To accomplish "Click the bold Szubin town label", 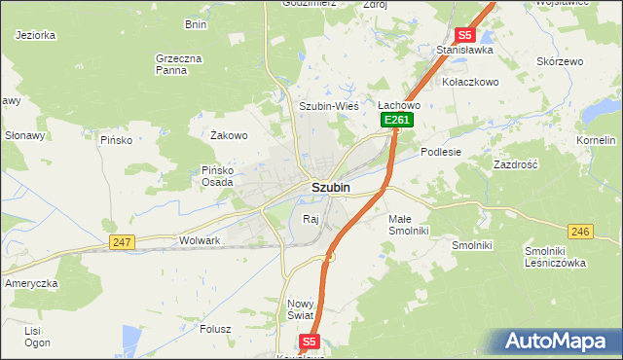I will coord(331,187).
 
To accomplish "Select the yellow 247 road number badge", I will coord(122,242).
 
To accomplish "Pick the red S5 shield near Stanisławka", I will coord(465,34).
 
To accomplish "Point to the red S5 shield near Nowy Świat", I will coord(310,342).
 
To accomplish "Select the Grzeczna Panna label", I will coord(178,64).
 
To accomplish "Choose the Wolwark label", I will coord(201,239).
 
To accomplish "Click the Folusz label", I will coord(214,328).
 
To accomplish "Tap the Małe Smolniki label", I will coord(408,226).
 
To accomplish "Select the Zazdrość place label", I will coord(516,165).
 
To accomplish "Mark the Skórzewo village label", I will coord(560,61).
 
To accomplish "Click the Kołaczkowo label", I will coord(470,82).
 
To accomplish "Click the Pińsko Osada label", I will coord(217,175).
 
